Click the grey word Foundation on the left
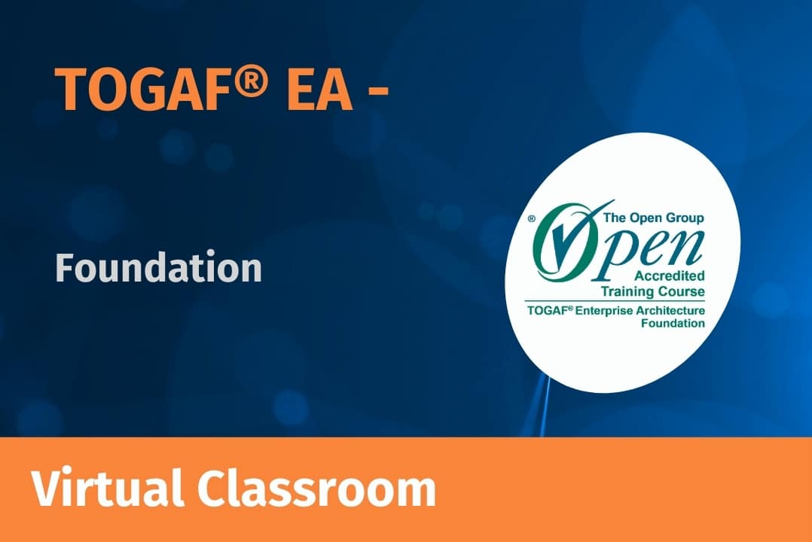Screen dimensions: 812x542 pos(158,266)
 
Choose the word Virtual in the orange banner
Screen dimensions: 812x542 pos(107,488)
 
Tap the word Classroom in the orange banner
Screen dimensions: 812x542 pos(316,488)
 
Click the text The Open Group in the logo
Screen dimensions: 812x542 pos(654,218)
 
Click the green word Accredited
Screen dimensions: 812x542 pos(670,276)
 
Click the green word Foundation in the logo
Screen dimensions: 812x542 pos(673,324)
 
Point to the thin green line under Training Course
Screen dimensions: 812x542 pos(615,301)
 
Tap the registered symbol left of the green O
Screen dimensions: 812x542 pos(531,219)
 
